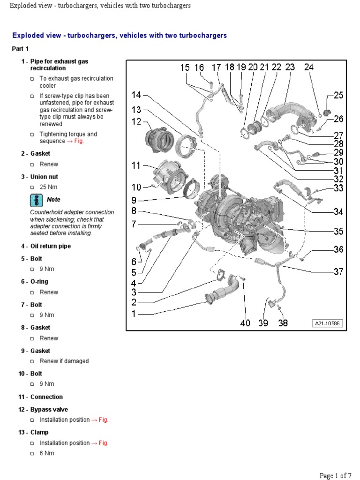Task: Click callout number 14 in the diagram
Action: click(x=136, y=95)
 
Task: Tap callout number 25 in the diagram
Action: click(x=338, y=95)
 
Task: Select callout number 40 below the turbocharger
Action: click(x=245, y=323)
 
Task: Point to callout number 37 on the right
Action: click(x=338, y=271)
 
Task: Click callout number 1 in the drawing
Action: click(x=134, y=314)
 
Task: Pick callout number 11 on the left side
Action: click(x=136, y=165)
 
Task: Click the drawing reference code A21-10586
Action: click(x=328, y=323)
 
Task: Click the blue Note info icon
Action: click(x=36, y=200)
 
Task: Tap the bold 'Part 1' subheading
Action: click(x=20, y=49)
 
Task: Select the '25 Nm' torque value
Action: click(x=48, y=187)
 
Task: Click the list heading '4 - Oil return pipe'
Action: click(x=45, y=246)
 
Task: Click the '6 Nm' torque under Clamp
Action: click(x=47, y=453)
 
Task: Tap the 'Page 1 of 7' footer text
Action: click(x=335, y=475)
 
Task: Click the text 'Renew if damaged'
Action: click(x=64, y=361)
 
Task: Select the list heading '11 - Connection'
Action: click(x=40, y=397)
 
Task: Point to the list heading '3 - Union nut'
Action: click(x=39, y=177)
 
